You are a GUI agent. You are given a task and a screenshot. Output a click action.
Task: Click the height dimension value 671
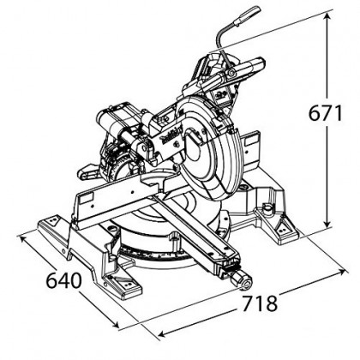(325, 113)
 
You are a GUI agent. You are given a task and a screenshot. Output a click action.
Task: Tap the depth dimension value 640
(64, 280)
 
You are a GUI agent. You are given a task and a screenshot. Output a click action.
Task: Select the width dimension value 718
(260, 303)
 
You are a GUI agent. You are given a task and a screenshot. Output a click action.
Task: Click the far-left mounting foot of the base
(52, 225)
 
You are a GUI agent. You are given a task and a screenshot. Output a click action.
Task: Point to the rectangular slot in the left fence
(86, 198)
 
